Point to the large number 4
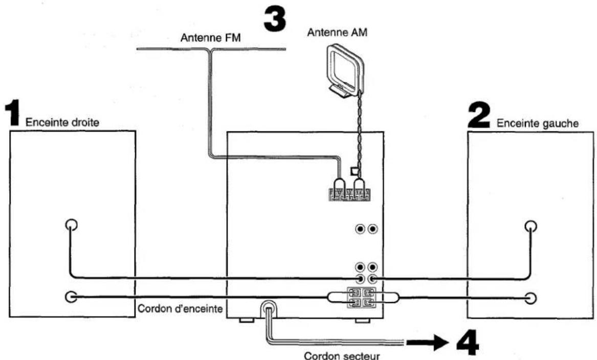coord(468,343)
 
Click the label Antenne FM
coord(211,38)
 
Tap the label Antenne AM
coord(337,33)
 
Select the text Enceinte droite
coord(62,123)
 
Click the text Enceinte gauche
coord(538,123)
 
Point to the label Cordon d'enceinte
coord(180,308)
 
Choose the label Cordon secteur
coord(342,356)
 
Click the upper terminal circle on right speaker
coord(71,225)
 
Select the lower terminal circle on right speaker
coord(71,297)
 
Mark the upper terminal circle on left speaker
coord(530,227)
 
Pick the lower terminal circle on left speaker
coord(530,298)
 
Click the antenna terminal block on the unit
coord(349,194)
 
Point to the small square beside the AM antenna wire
coord(354,171)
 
